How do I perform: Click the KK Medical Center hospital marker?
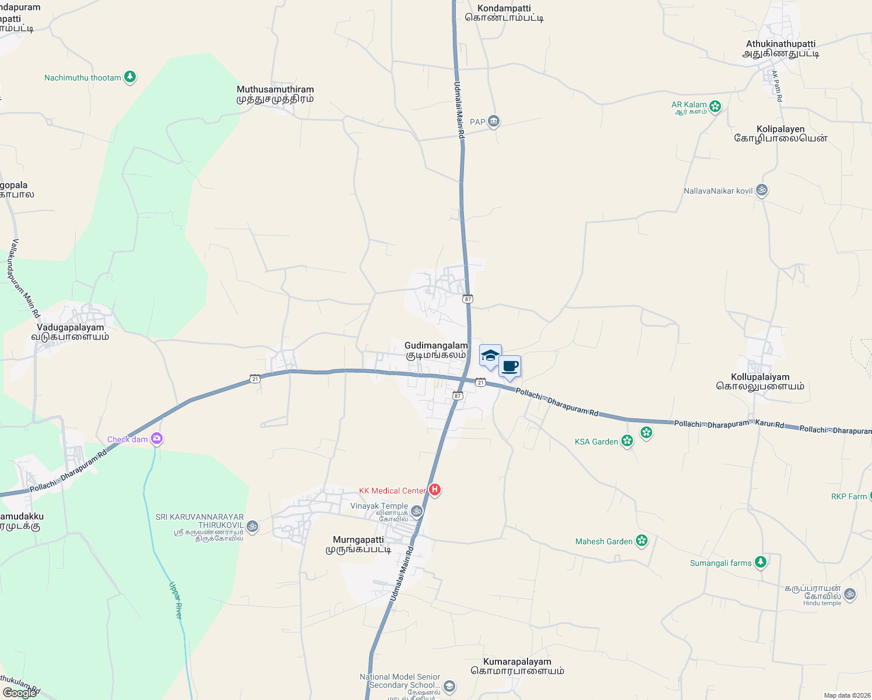tap(434, 489)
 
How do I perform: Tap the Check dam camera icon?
tap(156, 438)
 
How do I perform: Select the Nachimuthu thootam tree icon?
tap(130, 77)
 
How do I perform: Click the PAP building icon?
tap(494, 121)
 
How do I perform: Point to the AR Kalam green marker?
tap(715, 106)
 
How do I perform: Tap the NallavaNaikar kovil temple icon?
tap(761, 190)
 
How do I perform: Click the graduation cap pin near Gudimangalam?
tap(490, 355)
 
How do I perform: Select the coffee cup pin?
tap(509, 367)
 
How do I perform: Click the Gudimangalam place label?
tap(436, 350)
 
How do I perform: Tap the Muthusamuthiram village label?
tap(275, 94)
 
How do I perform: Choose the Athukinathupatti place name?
tap(780, 48)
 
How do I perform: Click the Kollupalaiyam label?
tap(760, 381)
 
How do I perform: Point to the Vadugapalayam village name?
tap(70, 332)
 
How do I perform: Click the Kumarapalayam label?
tap(517, 666)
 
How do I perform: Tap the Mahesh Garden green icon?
tap(642, 541)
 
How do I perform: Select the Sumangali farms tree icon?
tap(760, 562)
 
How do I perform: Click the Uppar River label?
tap(176, 600)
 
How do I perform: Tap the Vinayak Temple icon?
tap(416, 512)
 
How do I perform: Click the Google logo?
tap(19, 693)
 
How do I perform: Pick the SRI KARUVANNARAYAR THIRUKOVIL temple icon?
tap(252, 526)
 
